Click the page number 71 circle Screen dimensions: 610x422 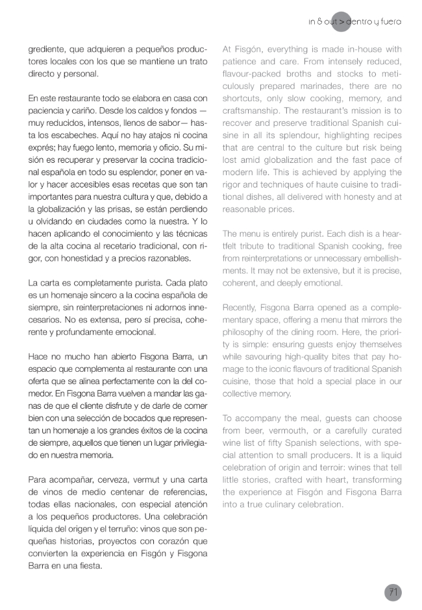coord(393,592)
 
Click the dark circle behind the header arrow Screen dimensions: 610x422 coord(340,21)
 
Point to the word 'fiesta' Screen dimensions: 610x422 coord(90,565)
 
